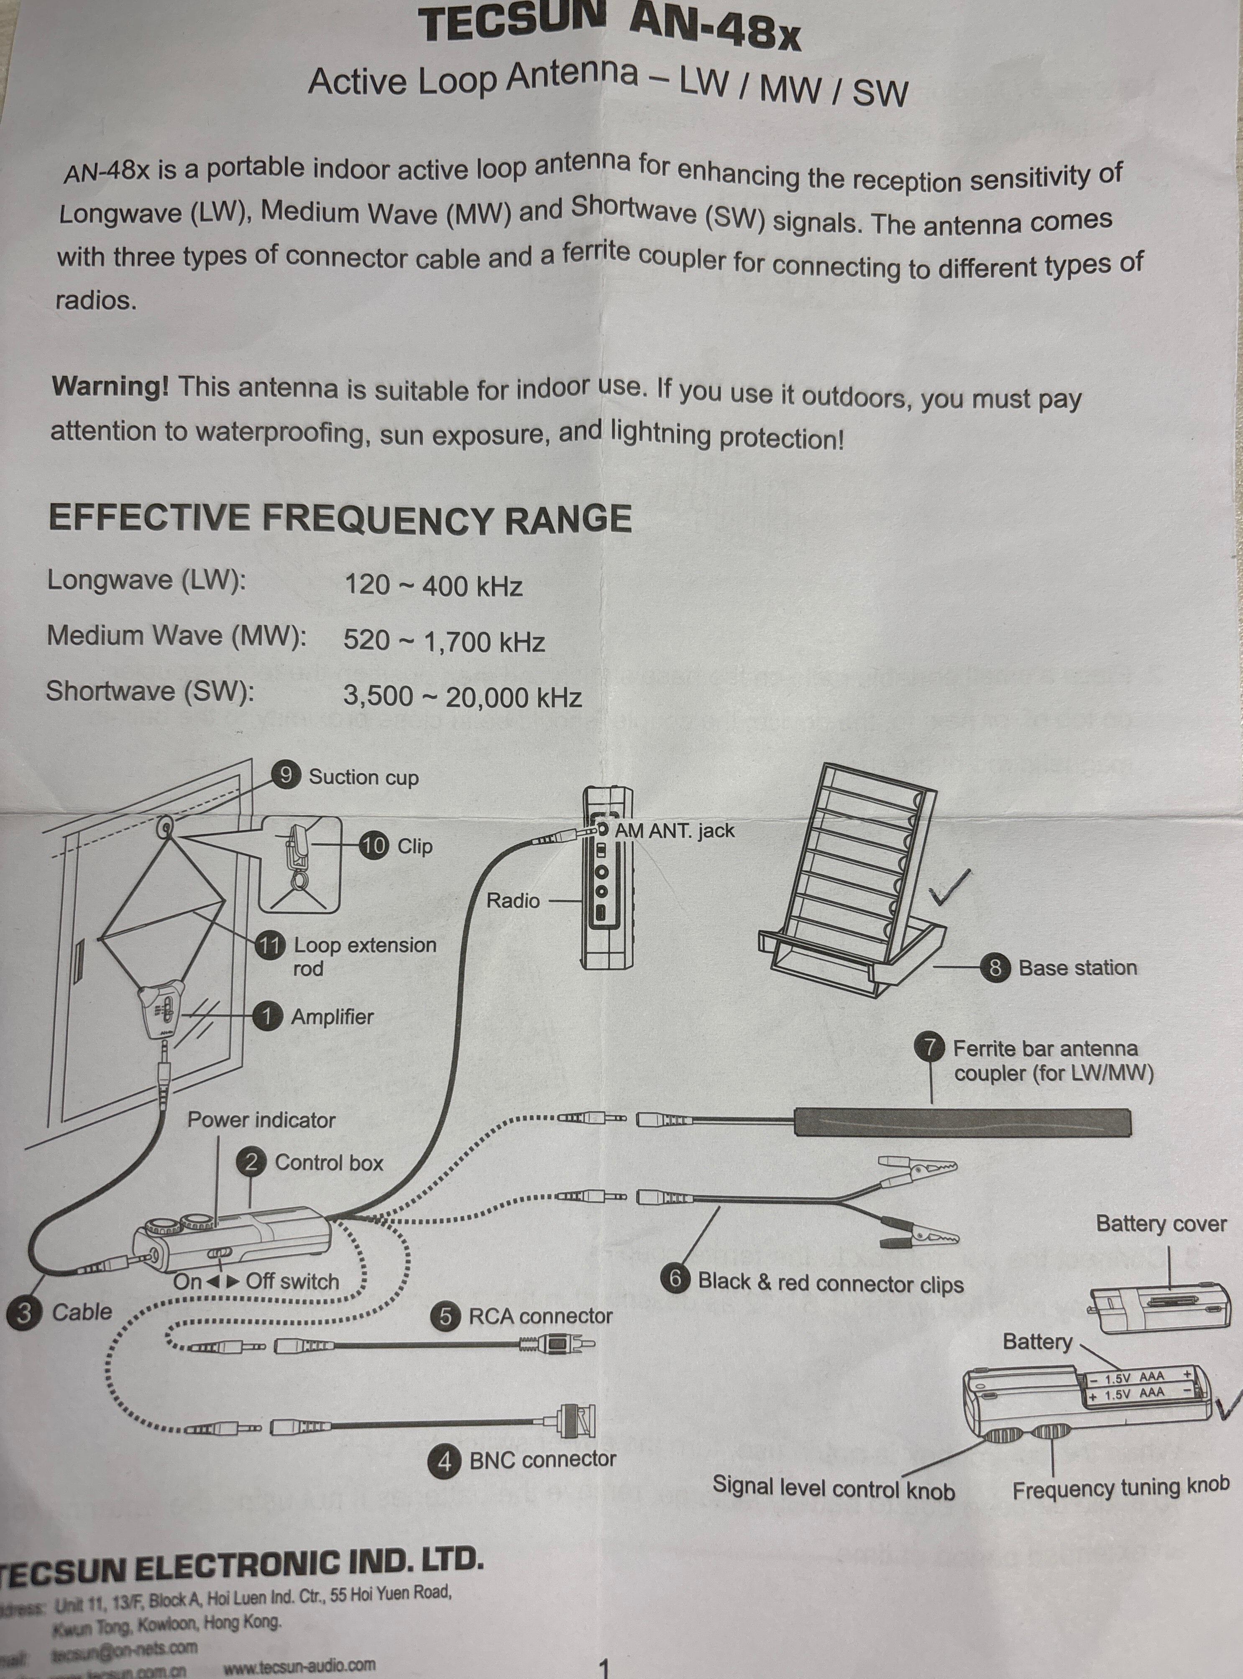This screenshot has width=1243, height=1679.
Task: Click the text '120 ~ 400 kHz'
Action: pos(432,586)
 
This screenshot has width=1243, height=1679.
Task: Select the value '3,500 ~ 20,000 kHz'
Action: pos(462,697)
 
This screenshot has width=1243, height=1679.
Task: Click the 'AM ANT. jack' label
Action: pos(674,831)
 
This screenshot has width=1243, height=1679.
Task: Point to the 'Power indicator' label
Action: pos(261,1120)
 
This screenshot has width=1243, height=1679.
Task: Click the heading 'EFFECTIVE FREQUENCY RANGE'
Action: pos(339,518)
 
